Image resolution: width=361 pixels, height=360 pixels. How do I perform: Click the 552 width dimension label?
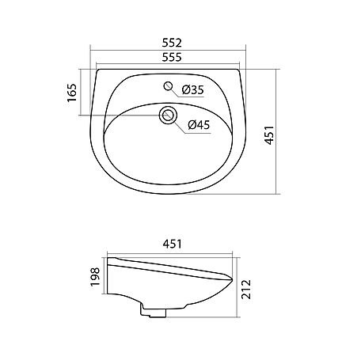(172, 43)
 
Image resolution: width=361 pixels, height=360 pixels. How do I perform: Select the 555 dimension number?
(172, 57)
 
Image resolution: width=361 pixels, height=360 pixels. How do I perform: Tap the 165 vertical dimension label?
(72, 93)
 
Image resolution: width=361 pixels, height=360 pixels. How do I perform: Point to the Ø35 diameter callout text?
(193, 90)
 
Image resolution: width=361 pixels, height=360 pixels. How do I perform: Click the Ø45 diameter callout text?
(199, 124)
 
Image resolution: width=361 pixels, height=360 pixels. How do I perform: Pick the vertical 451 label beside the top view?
(269, 135)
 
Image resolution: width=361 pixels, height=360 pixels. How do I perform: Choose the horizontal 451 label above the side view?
(172, 244)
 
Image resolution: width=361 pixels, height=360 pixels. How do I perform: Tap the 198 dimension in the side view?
(95, 276)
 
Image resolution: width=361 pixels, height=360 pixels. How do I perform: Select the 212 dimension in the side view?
(246, 289)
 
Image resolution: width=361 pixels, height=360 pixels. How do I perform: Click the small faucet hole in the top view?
(168, 86)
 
